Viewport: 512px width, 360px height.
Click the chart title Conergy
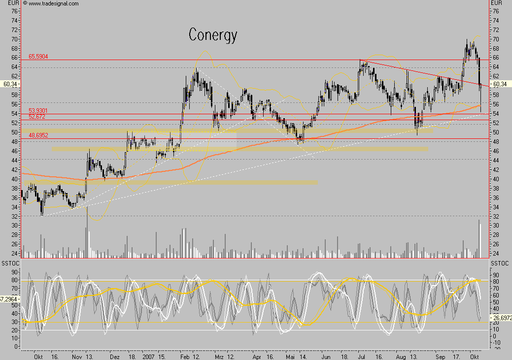[213, 35]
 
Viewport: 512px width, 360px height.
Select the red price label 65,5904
[38, 57]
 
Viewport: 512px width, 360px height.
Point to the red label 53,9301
[38, 111]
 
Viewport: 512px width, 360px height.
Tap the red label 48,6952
[38, 135]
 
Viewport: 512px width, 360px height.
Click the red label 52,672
[37, 117]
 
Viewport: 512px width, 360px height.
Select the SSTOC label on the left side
[10, 264]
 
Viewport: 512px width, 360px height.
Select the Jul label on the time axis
[362, 355]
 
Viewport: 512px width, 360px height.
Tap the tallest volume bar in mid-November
[88, 231]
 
